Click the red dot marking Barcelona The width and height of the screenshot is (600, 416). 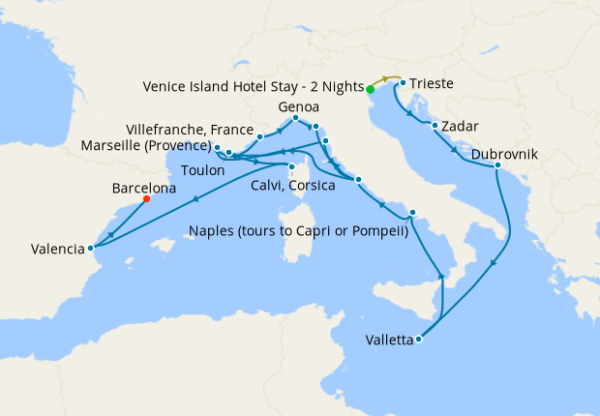coord(146,199)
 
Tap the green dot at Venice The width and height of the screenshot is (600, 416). coord(371,90)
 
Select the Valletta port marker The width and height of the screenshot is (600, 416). coord(418,340)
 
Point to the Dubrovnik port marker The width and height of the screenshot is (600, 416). coord(497,166)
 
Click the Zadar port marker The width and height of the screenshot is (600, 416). coord(435,126)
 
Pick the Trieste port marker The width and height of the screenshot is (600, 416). coord(403,83)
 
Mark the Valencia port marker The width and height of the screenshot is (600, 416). coord(90,248)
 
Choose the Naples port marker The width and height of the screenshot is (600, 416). coord(412,213)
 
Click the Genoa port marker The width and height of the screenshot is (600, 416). coord(295,119)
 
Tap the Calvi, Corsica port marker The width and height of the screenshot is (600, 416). coord(291,166)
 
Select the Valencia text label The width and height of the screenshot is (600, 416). coord(57,249)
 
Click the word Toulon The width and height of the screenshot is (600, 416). coord(203,170)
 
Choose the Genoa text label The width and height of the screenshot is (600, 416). coord(298,105)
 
